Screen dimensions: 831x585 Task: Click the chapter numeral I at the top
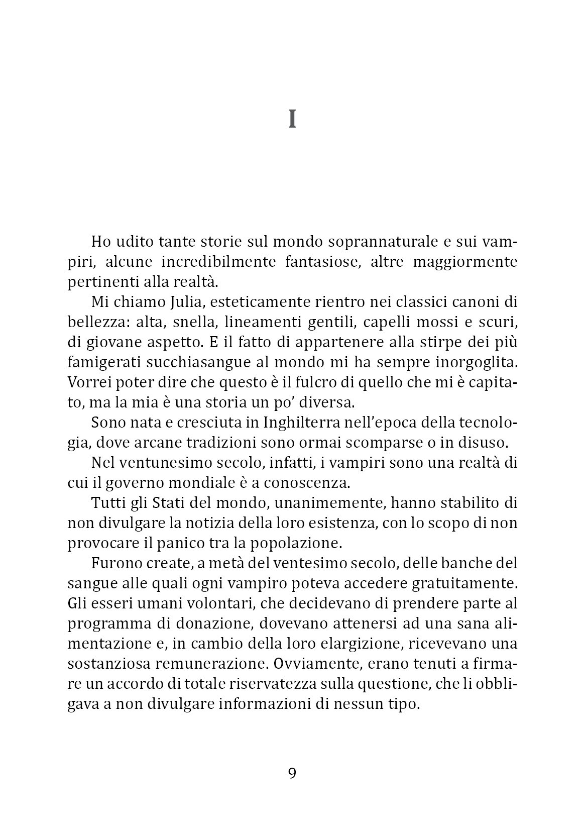click(x=292, y=120)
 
